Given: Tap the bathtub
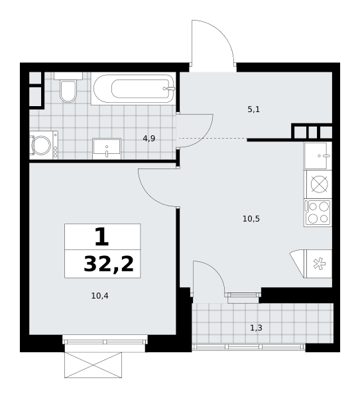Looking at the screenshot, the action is pyautogui.click(x=133, y=89).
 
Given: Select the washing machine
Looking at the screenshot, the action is pyautogui.click(x=43, y=145).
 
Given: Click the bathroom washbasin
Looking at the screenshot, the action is pyautogui.click(x=107, y=149).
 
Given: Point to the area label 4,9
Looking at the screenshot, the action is pyautogui.click(x=149, y=139).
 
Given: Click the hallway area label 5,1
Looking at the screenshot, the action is pyautogui.click(x=254, y=109).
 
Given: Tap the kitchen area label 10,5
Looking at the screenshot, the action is pyautogui.click(x=251, y=218).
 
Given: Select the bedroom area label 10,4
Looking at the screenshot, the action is pyautogui.click(x=99, y=296).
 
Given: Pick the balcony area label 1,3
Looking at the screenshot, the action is pyautogui.click(x=256, y=328).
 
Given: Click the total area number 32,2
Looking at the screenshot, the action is pyautogui.click(x=109, y=264).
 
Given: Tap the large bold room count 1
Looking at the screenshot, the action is pyautogui.click(x=102, y=237).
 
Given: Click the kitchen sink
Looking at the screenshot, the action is pyautogui.click(x=318, y=155).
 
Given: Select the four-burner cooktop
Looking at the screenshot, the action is pyautogui.click(x=318, y=213).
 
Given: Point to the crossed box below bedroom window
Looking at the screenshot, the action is pyautogui.click(x=93, y=365).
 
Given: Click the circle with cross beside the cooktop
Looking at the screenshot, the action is pyautogui.click(x=319, y=184).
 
